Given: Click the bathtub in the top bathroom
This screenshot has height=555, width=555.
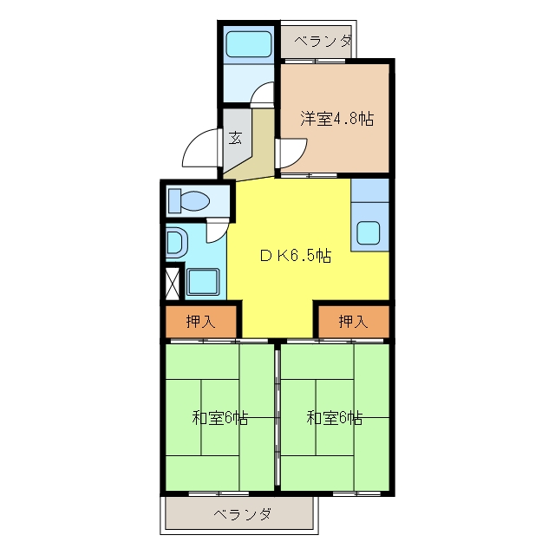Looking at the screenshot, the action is point(249,44).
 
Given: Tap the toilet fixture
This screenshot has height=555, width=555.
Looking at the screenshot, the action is point(189,201).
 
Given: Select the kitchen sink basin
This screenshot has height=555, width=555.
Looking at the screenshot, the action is point(369,233).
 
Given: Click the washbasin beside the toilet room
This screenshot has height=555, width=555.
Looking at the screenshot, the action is point(177,243).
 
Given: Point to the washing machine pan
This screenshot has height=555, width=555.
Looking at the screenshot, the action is point(203,282).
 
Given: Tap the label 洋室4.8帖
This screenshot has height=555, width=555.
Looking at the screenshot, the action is point(337,118).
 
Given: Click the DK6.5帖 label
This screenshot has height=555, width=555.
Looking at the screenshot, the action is point(296,255).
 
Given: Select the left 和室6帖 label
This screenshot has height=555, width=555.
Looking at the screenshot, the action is point(219,418).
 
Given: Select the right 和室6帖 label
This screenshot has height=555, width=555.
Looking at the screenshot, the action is point(335,418).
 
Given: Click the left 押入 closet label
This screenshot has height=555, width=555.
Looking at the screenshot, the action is point(200,322).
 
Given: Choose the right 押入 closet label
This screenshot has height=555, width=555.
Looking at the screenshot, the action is point(353,322).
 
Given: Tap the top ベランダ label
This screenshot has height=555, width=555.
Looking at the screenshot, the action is point(323,42).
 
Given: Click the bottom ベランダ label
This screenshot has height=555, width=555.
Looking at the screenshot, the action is point(243,513).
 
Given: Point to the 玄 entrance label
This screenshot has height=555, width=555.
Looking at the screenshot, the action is point(235,137).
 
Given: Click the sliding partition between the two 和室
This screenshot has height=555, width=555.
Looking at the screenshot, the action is point(277,418).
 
